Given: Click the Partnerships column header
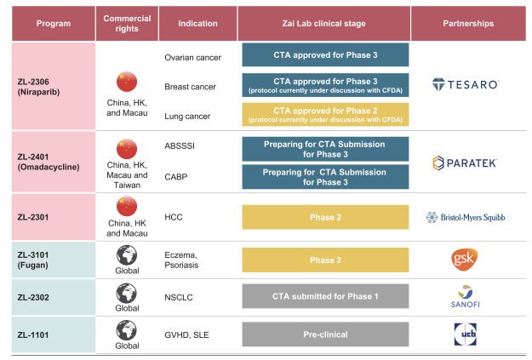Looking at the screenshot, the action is tap(468, 24).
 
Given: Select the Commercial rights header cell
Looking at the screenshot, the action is tap(127, 24).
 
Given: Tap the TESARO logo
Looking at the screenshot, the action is tap(465, 84).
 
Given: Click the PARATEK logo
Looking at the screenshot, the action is tap(465, 163).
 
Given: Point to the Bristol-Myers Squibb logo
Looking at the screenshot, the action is tap(466, 217).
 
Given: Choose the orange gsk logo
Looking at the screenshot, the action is tap(465, 260).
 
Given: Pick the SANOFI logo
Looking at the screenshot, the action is tap(465, 296).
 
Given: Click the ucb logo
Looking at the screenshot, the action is tap(465, 334).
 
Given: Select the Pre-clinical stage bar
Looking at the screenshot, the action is tap(325, 334).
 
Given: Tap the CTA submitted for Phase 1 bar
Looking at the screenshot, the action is tap(325, 296).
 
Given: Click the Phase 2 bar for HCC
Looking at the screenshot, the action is tap(325, 217).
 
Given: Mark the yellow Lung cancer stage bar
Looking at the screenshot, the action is tap(325, 115).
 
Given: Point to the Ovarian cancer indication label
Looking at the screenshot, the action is tap(192, 58).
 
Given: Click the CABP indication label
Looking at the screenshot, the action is tap(175, 177).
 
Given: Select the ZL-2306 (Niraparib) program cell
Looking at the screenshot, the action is tap(54, 86).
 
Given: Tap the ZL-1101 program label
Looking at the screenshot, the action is tap(33, 335).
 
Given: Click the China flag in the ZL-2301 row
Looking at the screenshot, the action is tap(127, 206).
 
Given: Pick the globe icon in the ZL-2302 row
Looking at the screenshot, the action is tap(127, 294).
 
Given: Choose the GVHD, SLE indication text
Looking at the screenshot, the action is tap(186, 335).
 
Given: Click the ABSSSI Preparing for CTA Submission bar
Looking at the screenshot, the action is tap(325, 149).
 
